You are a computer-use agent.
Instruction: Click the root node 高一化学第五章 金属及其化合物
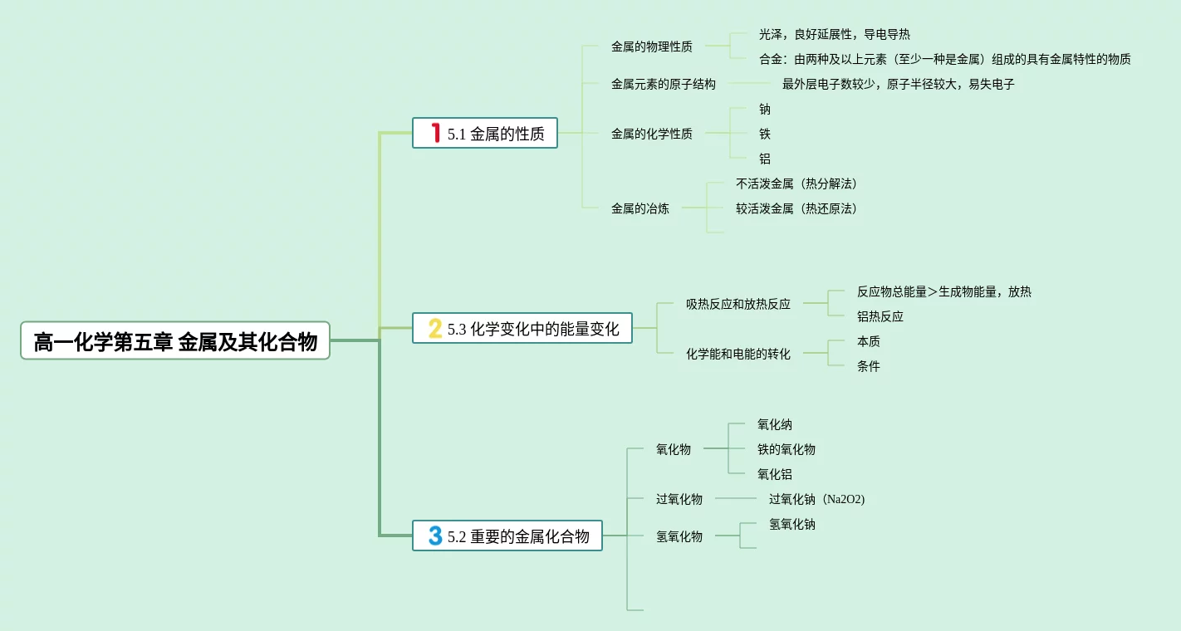[x=175, y=341]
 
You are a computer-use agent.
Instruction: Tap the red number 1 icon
[x=435, y=133]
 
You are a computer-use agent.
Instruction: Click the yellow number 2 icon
[x=435, y=329]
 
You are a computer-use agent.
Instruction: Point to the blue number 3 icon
[x=435, y=536]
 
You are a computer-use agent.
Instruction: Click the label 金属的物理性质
[x=651, y=46]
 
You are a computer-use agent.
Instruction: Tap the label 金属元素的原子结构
[x=663, y=84]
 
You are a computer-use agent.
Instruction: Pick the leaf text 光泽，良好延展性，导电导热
[x=834, y=34]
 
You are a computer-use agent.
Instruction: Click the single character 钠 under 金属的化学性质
[x=764, y=109]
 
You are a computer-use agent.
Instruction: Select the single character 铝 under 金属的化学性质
[x=764, y=159]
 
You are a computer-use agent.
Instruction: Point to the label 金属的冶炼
[x=640, y=208]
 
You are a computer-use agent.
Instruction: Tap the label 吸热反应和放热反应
[x=738, y=304]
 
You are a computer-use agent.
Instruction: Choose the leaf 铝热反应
[x=880, y=316]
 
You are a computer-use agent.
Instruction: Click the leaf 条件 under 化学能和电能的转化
[x=868, y=366]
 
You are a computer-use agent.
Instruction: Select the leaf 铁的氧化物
[x=786, y=449]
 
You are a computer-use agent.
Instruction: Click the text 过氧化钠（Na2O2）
[x=816, y=499]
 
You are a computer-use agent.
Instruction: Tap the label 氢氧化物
[x=679, y=536]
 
